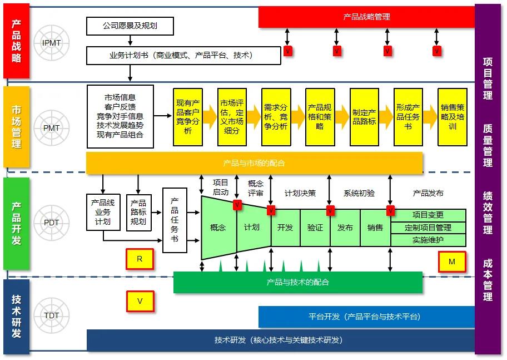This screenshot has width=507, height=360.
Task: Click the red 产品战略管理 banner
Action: (x=366, y=17)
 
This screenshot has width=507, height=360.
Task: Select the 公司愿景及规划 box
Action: (x=130, y=26)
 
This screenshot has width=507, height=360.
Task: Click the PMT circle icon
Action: (x=51, y=127)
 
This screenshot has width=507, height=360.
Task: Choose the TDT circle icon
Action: (x=51, y=315)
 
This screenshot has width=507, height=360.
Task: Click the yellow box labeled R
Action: (x=140, y=259)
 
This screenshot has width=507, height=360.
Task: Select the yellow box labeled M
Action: (x=451, y=261)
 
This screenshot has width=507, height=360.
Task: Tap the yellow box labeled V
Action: (x=140, y=301)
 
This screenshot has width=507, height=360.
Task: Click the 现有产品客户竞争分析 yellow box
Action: (x=187, y=117)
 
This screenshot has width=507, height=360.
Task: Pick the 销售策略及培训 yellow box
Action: (x=452, y=117)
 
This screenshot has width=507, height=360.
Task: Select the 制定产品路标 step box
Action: (x=364, y=117)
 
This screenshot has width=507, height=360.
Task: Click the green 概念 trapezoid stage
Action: (x=218, y=228)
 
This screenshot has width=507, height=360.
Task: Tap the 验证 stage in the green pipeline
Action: (x=315, y=228)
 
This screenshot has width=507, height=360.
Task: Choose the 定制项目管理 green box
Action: (x=428, y=228)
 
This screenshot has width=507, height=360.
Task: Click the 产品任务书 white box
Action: (x=175, y=220)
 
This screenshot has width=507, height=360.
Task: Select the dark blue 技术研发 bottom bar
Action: (x=280, y=340)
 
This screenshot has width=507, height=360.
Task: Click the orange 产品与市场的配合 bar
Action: (x=254, y=163)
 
